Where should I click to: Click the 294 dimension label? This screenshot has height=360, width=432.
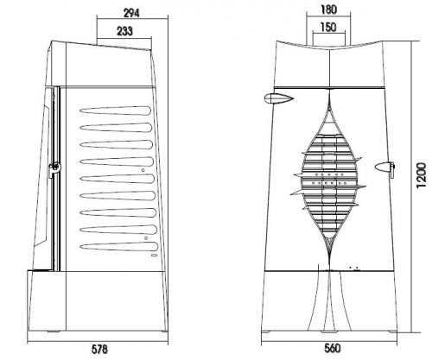coord(131,13)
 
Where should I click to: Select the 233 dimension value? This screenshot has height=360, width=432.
coord(124,31)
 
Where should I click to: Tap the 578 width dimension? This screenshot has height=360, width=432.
coord(99,350)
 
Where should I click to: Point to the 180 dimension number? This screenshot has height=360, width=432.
coord(328,9)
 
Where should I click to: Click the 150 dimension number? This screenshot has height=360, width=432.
coord(328,28)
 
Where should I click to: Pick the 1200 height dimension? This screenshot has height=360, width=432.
coord(421,175)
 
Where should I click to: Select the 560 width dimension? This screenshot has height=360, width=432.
coord(333,349)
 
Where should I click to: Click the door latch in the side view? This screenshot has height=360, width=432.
coord(54,168)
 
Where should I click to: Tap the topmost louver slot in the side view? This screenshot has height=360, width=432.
coord(115,111)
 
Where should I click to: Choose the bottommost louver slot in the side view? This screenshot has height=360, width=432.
coord(119,247)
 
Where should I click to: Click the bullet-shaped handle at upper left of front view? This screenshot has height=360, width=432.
coord(278,98)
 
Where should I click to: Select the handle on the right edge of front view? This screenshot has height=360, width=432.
coord(384,167)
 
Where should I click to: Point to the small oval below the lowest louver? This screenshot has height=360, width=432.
coord(154,256)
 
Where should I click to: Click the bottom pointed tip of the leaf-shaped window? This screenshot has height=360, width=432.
coord(330,257)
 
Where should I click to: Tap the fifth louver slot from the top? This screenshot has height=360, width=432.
coord(117,179)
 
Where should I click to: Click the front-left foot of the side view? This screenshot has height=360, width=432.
coord(54,332)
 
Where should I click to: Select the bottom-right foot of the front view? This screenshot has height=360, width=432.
coord(393,332)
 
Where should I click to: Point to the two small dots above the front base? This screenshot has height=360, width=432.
coord(353,268)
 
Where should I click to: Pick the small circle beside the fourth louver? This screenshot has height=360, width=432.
coord(143,170)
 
